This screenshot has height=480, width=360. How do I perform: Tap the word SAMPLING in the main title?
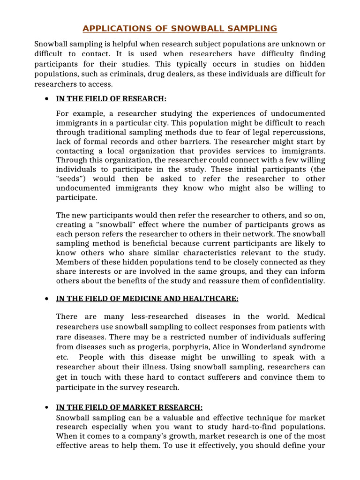pyautogui.click(x=252, y=29)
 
